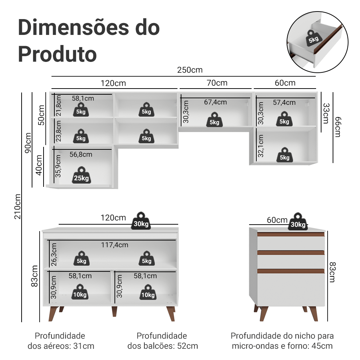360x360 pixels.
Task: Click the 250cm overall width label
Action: [190, 70]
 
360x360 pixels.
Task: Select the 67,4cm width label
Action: [215, 102]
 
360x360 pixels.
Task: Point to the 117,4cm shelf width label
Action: [114, 245]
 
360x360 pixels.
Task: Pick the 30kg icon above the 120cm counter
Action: [141, 221]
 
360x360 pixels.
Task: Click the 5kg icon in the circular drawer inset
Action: [313, 37]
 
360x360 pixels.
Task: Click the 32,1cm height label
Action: [261, 146]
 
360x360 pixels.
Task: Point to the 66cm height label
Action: [337, 127]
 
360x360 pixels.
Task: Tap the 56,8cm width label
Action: [81, 154]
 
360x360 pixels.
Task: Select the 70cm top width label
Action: [217, 83]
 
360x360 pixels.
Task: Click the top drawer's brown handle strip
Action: [291, 234]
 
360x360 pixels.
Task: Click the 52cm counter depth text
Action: [163, 346]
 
